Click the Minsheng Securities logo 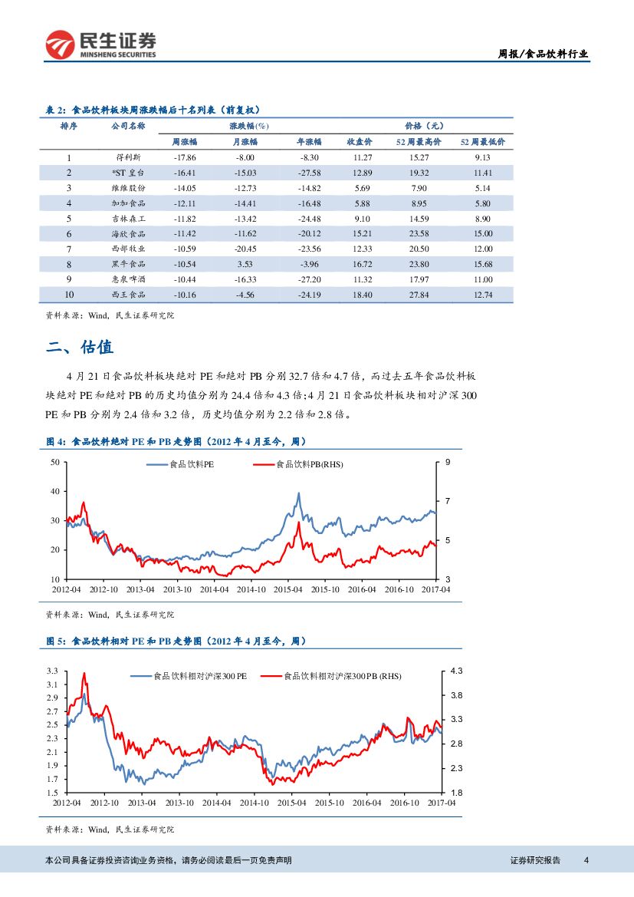[100, 45]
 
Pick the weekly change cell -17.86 [186, 158]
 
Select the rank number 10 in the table [69, 294]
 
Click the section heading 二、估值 [80, 348]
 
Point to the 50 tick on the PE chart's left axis [54, 462]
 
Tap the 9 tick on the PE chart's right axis [447, 462]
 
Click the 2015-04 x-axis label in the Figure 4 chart [288, 589]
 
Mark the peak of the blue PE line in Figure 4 [298, 493]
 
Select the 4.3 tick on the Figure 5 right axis [455, 671]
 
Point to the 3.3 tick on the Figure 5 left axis [52, 671]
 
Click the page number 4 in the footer [586, 860]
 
